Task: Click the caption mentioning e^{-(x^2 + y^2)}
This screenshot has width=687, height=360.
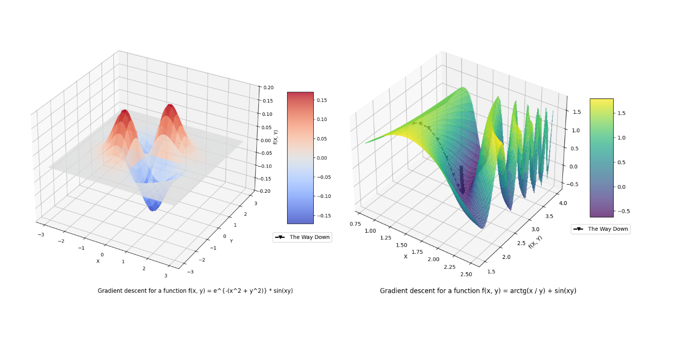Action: click(x=195, y=291)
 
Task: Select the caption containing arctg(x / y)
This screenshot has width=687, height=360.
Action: click(x=478, y=291)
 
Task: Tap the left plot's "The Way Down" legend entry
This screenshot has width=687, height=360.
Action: click(x=302, y=237)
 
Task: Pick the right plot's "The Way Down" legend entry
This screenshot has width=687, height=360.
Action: click(x=600, y=229)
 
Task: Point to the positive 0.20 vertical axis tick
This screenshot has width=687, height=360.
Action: click(x=268, y=88)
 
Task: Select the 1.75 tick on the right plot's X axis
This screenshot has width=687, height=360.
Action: click(x=417, y=252)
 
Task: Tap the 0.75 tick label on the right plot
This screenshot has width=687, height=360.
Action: click(x=355, y=224)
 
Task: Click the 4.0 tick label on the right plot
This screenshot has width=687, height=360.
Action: click(x=563, y=203)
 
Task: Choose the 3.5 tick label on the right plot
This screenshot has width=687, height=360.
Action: click(x=549, y=216)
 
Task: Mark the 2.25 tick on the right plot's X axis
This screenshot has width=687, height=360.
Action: click(x=450, y=267)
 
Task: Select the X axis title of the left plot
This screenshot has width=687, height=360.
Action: click(x=98, y=262)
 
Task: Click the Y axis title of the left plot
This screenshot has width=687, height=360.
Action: click(x=231, y=241)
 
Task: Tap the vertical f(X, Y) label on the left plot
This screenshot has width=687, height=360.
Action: click(x=275, y=137)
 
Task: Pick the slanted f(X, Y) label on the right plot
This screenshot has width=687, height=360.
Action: click(x=535, y=242)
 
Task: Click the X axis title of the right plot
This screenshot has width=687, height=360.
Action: click(x=406, y=256)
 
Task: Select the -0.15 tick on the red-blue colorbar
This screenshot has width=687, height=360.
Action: click(x=324, y=216)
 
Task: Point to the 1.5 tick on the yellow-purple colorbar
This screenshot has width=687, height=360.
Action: click(x=622, y=113)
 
